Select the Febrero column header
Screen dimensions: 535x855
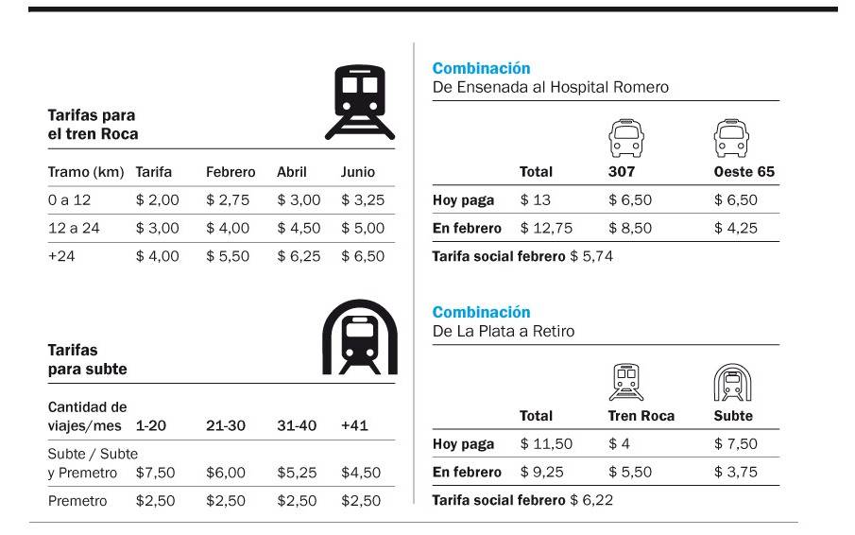coord(231,172)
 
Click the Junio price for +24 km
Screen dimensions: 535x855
coord(363,256)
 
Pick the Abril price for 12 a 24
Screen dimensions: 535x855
coord(299,228)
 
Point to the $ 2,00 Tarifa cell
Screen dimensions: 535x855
coord(157,200)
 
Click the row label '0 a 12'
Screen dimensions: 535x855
coord(69,200)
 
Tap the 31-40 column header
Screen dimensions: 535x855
coord(297,426)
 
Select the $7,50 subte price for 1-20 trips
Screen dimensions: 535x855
coord(155,473)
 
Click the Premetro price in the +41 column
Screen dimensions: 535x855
coord(361,501)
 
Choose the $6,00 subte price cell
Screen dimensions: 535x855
coord(226,473)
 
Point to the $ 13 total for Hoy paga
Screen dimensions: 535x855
coord(535,199)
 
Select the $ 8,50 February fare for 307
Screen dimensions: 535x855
coord(629,228)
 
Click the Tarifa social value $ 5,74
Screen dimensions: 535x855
coord(591,256)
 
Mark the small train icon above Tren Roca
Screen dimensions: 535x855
coord(627,383)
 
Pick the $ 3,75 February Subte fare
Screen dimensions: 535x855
coord(735,472)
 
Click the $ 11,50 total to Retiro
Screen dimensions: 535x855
coord(546,444)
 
